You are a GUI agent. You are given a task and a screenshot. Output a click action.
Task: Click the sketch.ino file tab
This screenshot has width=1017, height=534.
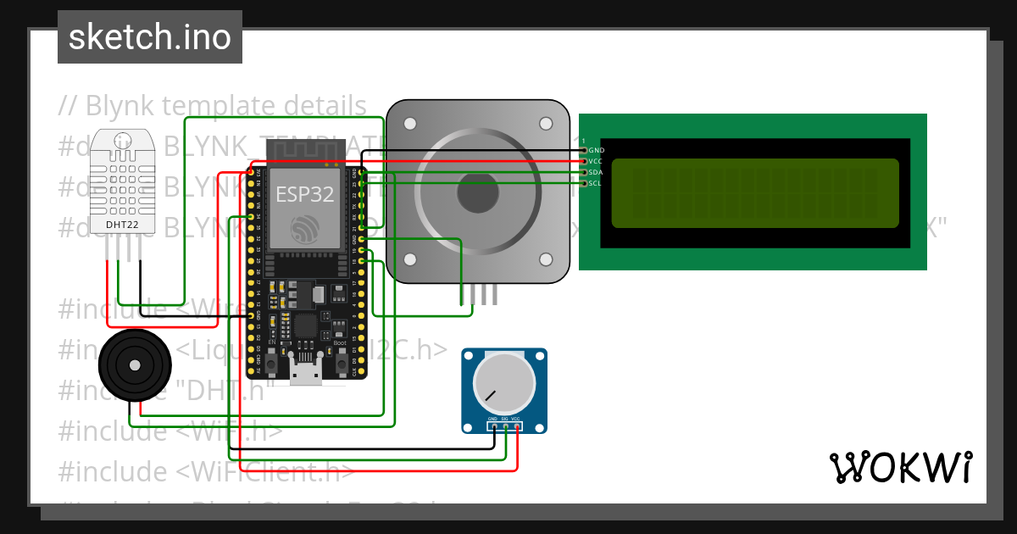click(150, 37)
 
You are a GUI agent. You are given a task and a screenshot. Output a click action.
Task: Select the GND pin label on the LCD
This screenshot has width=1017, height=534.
click(597, 150)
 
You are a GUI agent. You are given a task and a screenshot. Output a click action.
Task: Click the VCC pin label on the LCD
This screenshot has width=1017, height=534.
click(597, 161)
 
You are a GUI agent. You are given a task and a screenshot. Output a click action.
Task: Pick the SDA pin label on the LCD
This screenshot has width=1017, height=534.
click(597, 172)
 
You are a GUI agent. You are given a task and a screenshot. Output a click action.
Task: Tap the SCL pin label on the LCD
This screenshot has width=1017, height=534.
click(596, 183)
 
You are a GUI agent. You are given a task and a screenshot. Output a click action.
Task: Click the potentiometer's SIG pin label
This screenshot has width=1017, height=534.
click(504, 420)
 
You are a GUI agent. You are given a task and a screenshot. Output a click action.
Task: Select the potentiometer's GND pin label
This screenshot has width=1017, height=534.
click(492, 420)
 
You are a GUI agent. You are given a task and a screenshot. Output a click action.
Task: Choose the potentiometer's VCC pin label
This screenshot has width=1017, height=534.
click(516, 420)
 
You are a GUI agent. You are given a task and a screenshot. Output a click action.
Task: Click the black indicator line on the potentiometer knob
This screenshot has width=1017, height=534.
click(490, 395)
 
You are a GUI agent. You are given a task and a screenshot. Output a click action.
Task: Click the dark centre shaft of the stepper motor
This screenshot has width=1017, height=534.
click(478, 192)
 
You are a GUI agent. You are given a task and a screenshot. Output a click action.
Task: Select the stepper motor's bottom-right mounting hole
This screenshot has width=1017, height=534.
click(546, 259)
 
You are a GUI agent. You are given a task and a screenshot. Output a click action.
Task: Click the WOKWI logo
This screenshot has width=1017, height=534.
click(900, 467)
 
